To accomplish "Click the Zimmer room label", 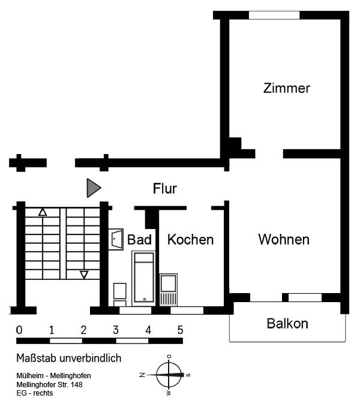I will pyautogui.click(x=287, y=89).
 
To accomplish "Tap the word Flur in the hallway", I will pyautogui.click(x=165, y=189).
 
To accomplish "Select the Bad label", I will pyautogui.click(x=139, y=240).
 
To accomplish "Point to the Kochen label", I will pyautogui.click(x=190, y=240).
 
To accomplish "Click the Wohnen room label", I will pyautogui.click(x=284, y=240).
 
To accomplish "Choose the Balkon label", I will pyautogui.click(x=287, y=324).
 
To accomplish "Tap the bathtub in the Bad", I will pyautogui.click(x=144, y=277).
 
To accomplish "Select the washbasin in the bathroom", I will pyautogui.click(x=116, y=239).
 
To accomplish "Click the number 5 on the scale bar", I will pyautogui.click(x=179, y=330).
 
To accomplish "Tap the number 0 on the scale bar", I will pyautogui.click(x=19, y=330).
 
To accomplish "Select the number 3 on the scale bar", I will pyautogui.click(x=115, y=330).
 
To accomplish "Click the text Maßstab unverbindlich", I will pyautogui.click(x=69, y=358).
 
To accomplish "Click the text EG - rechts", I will pyautogui.click(x=35, y=393).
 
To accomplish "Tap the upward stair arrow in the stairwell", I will pyautogui.click(x=43, y=212).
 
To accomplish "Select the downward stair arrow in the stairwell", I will pyautogui.click(x=84, y=275).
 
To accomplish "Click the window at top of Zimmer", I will pyautogui.click(x=274, y=15).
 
